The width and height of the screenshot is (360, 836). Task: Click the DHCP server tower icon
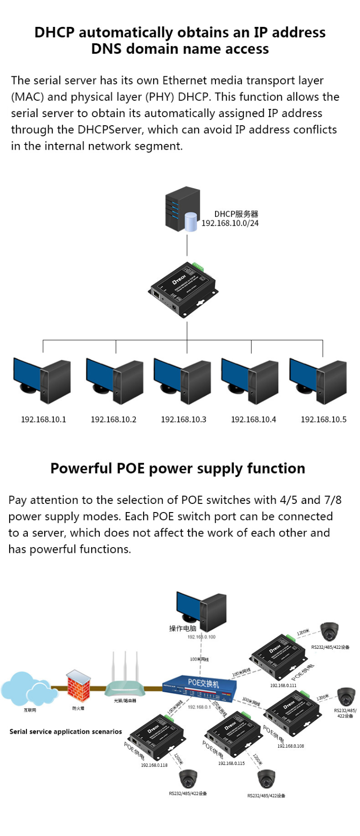point(183,209)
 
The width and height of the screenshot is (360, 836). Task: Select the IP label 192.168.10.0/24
point(230,223)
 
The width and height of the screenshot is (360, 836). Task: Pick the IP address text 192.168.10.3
point(183,419)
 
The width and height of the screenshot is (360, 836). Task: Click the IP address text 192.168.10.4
point(253,419)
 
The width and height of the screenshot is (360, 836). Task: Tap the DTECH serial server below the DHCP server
point(184,290)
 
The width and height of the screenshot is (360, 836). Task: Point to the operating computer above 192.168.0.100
point(202,611)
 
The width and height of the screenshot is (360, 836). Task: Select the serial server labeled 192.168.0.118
point(155,737)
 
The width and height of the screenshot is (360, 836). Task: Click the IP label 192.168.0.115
point(231,763)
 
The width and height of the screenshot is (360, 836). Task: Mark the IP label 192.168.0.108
point(290,746)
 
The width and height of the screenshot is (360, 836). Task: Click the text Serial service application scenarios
point(66,731)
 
